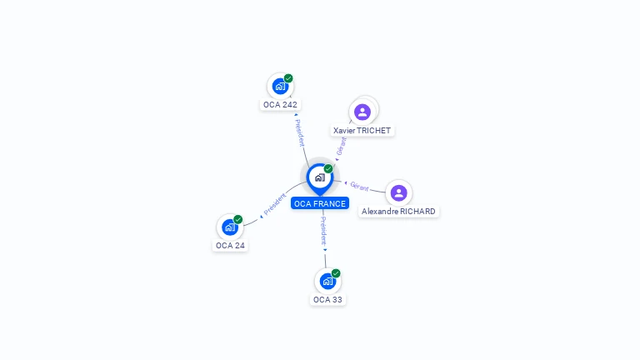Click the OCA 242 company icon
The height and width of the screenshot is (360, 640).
pos(280,87)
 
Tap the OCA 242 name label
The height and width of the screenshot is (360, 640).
pos(280,104)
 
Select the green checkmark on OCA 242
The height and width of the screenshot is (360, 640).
pos(288,78)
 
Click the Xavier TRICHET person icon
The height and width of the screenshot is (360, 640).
pos(362,112)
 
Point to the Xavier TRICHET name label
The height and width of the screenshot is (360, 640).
pos(362,131)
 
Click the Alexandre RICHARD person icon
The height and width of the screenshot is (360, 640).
pos(399,193)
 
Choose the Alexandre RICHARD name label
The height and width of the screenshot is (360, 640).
pos(398,212)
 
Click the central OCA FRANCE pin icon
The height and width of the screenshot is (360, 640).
pos(320,178)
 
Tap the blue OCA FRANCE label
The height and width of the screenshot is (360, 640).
pos(320,203)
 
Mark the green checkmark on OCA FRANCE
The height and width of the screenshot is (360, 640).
pos(328,168)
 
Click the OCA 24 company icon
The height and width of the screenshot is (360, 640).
pos(230,227)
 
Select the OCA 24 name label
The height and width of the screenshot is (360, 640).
pos(230,245)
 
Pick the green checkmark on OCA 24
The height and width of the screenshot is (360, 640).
pos(238,219)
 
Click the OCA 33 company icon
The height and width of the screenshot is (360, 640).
pos(327,281)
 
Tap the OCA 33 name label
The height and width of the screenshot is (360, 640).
pos(327,300)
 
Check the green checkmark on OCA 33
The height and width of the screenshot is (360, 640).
pos(336,273)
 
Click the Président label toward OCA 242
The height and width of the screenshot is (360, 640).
pos(300,133)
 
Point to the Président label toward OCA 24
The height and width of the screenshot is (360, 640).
pos(275,203)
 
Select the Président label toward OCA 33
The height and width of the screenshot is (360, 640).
pos(323,231)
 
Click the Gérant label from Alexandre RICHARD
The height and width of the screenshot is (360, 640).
pos(359,187)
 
